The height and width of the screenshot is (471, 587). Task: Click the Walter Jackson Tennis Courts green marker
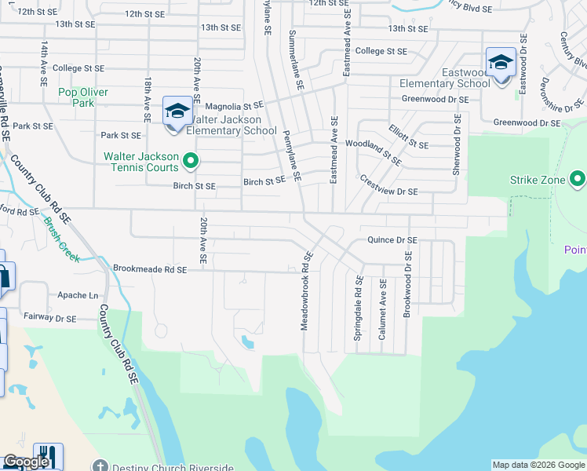click(190, 162)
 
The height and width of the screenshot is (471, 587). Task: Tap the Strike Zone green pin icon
click(578, 180)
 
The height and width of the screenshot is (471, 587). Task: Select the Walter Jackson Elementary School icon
click(177, 111)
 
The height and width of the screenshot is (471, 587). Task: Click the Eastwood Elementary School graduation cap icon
click(501, 62)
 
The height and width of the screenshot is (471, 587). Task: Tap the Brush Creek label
click(61, 240)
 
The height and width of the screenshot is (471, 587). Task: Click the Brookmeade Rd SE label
click(150, 268)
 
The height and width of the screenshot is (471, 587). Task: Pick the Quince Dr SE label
click(392, 240)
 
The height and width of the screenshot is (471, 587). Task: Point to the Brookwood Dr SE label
click(407, 284)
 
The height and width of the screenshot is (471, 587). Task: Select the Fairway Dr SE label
click(49, 319)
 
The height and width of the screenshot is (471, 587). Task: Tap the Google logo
click(26, 462)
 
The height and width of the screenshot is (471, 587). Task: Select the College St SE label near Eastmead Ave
click(381, 51)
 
